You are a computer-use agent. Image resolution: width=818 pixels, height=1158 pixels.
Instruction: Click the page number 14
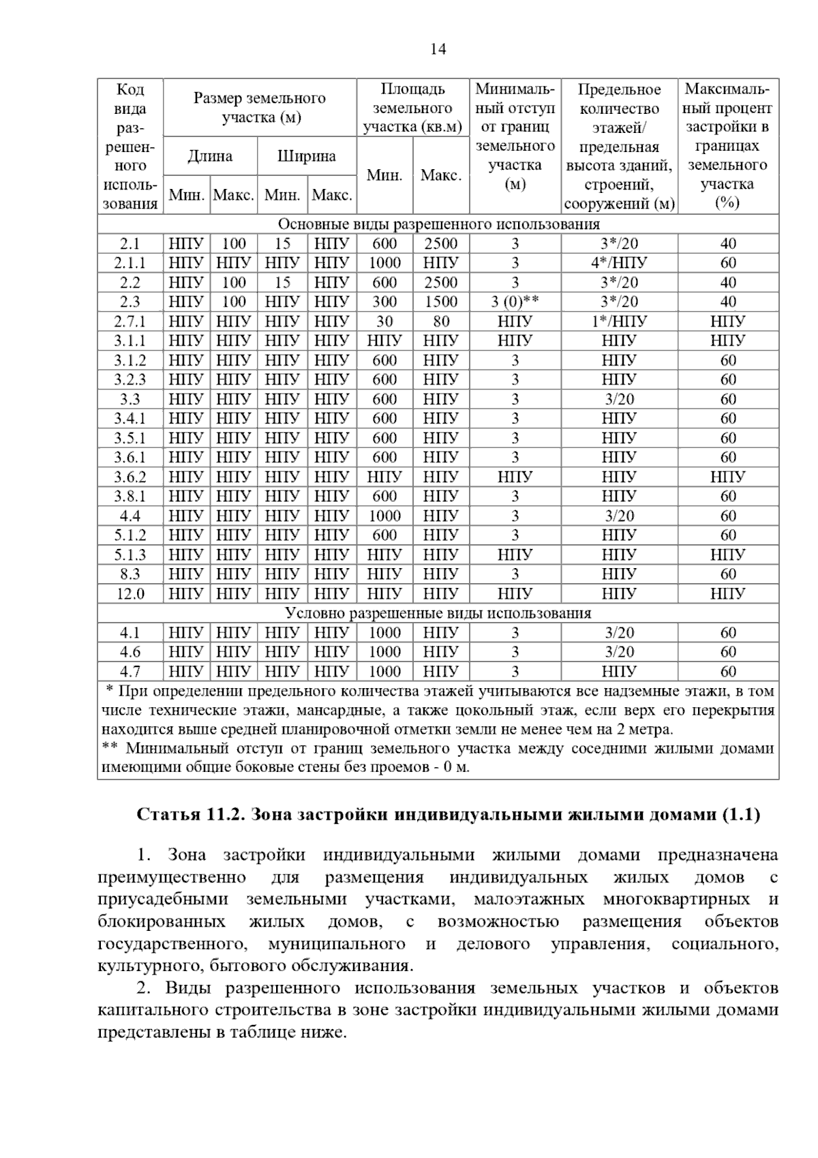click(x=438, y=49)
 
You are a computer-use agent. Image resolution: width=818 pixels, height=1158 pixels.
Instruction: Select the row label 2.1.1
click(x=130, y=263)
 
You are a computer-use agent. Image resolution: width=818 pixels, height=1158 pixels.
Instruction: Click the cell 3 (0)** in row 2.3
click(x=515, y=302)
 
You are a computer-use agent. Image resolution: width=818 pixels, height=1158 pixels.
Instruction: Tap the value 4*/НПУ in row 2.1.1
click(x=619, y=263)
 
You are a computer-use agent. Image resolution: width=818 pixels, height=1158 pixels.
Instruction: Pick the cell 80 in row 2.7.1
click(x=441, y=321)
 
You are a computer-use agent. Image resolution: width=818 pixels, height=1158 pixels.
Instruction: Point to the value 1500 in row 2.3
click(x=441, y=302)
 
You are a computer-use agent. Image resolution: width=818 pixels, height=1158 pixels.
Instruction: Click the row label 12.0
click(x=130, y=594)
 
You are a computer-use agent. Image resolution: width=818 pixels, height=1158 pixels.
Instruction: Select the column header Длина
click(x=210, y=156)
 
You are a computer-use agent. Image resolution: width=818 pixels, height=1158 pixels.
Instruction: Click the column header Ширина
click(x=307, y=156)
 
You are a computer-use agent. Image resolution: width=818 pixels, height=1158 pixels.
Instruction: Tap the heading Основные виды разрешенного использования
click(x=438, y=224)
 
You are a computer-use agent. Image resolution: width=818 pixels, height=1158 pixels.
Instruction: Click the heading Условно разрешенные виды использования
click(x=438, y=613)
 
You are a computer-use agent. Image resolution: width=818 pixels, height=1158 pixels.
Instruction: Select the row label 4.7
click(x=130, y=672)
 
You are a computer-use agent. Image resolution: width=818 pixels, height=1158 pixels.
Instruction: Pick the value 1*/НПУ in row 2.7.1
click(x=619, y=321)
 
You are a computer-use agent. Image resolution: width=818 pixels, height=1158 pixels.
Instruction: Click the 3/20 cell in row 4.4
click(x=619, y=516)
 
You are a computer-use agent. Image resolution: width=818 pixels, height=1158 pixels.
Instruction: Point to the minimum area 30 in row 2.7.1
click(x=384, y=321)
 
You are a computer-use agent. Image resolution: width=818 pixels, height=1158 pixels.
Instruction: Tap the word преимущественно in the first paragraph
click(x=171, y=878)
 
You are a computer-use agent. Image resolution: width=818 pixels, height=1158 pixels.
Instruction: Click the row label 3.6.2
click(x=130, y=477)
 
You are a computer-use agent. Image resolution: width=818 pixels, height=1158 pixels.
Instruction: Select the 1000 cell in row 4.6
click(x=384, y=652)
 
